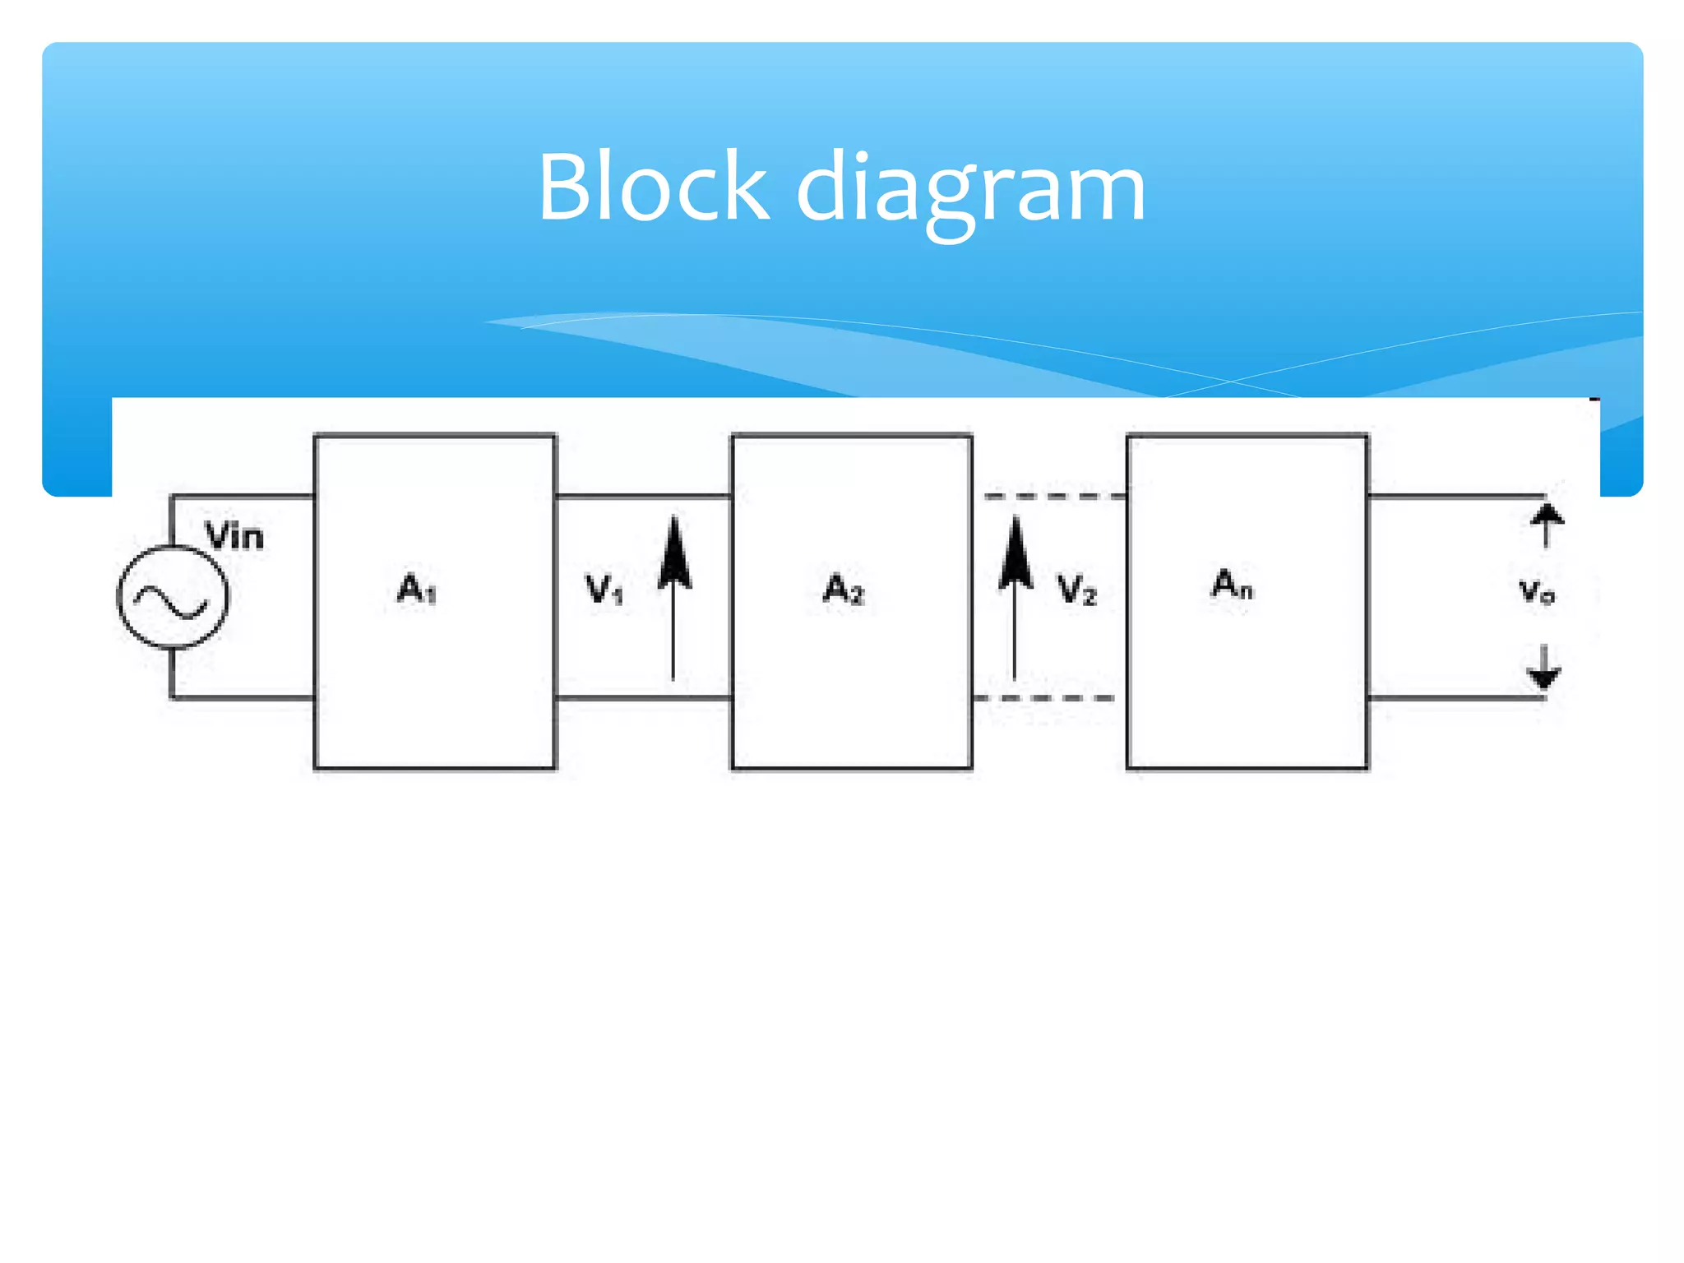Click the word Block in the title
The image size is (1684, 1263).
(654, 187)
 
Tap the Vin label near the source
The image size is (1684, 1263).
(234, 537)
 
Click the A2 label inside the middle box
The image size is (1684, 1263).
(844, 589)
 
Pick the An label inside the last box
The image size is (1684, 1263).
(1231, 585)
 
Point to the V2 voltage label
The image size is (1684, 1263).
(1076, 590)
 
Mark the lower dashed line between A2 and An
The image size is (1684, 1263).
(1044, 698)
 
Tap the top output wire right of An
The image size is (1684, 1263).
(1455, 496)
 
